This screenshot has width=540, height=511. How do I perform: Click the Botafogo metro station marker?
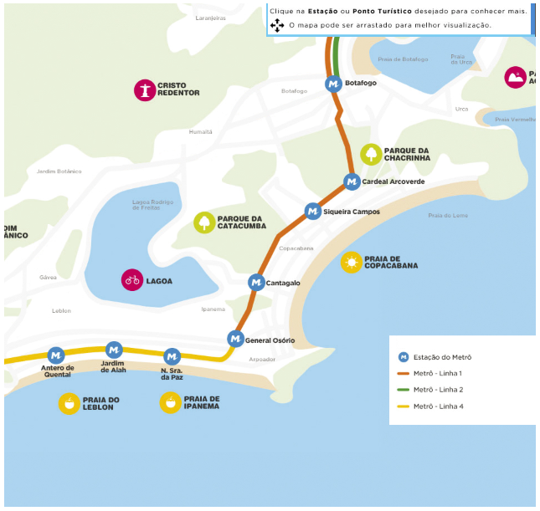334,84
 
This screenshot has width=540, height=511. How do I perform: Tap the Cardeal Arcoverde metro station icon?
352,181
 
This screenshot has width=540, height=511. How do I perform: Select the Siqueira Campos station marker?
312,212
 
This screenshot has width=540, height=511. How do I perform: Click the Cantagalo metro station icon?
256,283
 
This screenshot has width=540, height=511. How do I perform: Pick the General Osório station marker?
235,339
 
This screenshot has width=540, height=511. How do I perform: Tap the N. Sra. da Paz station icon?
172,356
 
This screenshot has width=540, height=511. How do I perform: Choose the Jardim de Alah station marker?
114,350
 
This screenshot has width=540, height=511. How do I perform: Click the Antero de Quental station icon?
56,355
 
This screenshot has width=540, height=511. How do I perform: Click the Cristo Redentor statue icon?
146,89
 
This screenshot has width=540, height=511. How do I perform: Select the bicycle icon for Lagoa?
132,280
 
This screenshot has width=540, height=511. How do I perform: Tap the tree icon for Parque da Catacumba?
204,222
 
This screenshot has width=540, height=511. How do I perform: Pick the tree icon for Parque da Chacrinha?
371,155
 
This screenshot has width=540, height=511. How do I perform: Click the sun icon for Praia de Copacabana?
352,263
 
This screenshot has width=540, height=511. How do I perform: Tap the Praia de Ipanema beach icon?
171,403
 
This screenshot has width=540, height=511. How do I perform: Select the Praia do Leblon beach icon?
69,403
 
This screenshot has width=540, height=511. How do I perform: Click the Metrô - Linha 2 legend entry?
427,390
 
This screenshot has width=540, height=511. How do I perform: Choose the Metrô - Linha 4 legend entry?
427,406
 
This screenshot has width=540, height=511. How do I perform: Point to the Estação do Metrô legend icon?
403,357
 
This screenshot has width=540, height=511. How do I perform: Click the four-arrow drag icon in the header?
277,26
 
